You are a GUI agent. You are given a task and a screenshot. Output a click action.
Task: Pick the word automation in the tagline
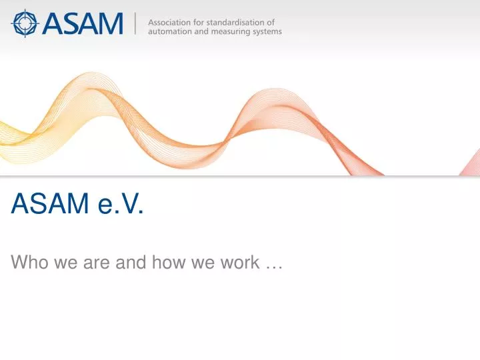(x=170, y=31)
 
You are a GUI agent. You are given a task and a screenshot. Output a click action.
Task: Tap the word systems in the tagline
(x=267, y=31)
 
